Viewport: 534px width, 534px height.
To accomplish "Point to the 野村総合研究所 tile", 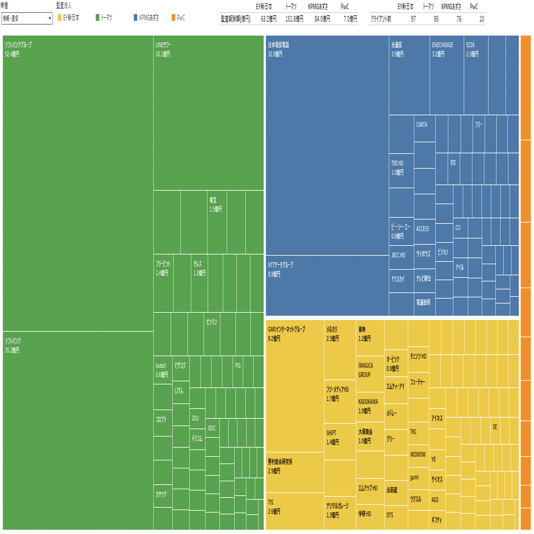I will pyautogui.click(x=295, y=472).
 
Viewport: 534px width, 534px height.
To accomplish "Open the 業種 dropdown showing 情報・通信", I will pyautogui.click(x=27, y=18).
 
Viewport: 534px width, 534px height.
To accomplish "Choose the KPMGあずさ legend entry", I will pyautogui.click(x=148, y=18).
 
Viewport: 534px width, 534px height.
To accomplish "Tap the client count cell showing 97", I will pyautogui.click(x=413, y=19).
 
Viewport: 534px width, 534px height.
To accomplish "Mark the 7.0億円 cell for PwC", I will pyautogui.click(x=349, y=19).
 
